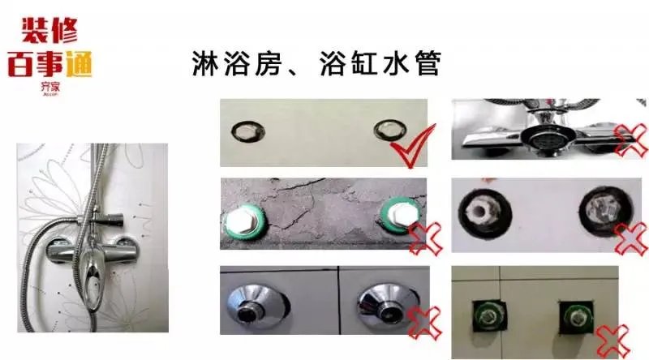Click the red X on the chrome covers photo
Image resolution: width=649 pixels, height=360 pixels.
(424, 322)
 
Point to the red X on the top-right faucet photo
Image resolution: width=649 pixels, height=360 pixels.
(632, 139)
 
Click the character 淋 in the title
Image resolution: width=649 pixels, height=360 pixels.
(208, 62)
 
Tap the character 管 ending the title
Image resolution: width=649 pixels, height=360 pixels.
(423, 62)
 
